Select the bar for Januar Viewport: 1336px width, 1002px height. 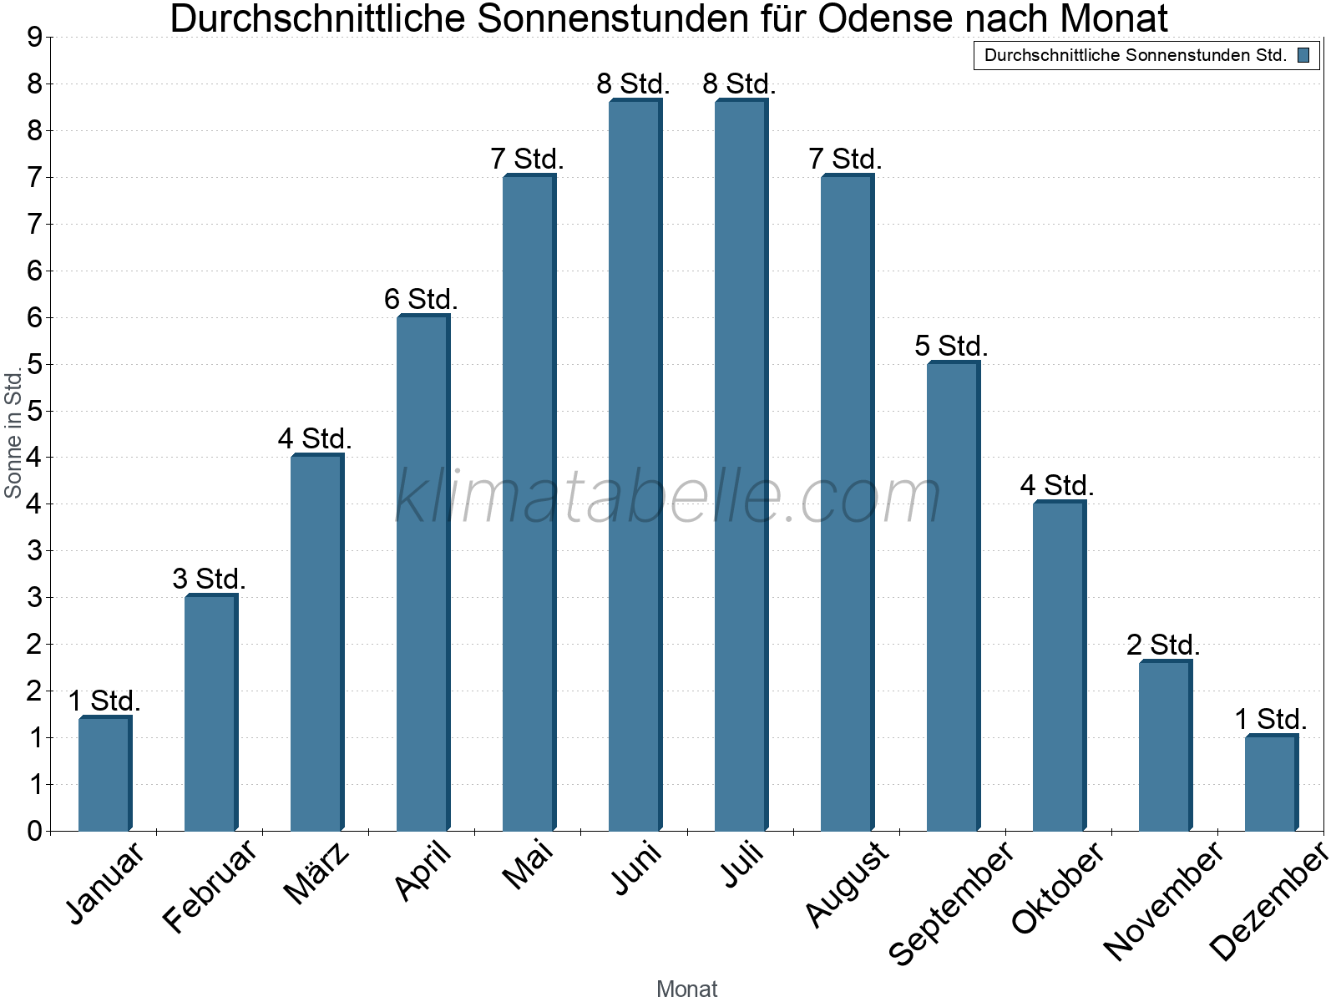[x=105, y=773]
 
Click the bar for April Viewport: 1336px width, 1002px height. [x=423, y=573]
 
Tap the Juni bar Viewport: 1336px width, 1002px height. [x=635, y=465]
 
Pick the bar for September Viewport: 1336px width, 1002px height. [x=954, y=595]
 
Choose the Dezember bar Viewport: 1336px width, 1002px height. [x=1272, y=782]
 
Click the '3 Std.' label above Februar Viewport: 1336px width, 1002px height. [x=209, y=579]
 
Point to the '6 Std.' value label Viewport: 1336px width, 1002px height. [x=421, y=299]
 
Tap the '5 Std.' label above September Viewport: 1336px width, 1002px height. [x=951, y=346]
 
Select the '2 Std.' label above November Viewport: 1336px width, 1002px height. [x=1163, y=645]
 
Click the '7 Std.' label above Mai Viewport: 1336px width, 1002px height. [x=527, y=159]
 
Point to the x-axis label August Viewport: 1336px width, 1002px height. [x=848, y=884]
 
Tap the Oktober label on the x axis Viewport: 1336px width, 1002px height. [x=1058, y=888]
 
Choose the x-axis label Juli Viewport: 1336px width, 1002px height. [x=742, y=864]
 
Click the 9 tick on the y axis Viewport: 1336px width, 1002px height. [x=35, y=38]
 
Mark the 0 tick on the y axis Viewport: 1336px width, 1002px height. [x=35, y=831]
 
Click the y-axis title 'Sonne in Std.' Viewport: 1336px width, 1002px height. [x=13, y=432]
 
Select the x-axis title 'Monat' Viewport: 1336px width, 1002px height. [x=687, y=989]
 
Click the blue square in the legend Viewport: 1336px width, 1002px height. [x=1303, y=55]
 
